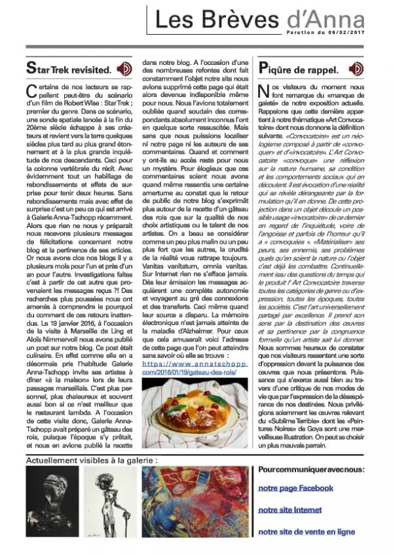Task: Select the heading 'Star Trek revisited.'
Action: click(68, 68)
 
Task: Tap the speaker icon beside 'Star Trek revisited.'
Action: click(124, 68)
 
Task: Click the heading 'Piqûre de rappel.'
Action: click(299, 68)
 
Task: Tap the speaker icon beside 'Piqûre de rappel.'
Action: click(356, 68)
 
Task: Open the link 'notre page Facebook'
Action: click(295, 488)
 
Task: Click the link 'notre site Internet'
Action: click(290, 510)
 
